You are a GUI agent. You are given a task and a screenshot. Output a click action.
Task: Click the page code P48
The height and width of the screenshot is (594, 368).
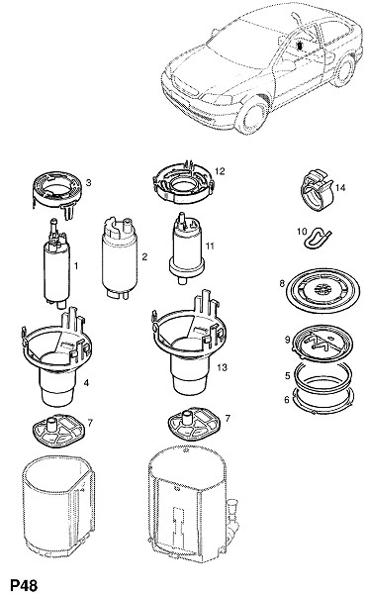24,585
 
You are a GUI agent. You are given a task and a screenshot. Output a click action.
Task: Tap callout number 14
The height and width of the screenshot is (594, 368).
340,187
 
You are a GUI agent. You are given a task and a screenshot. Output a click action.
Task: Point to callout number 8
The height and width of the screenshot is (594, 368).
282,283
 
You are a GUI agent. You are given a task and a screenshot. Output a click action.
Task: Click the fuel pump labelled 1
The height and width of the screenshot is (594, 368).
57,261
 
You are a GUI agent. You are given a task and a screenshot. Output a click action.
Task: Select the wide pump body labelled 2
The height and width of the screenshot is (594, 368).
120,257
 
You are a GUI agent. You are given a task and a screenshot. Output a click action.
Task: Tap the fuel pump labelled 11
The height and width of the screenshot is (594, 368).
186,248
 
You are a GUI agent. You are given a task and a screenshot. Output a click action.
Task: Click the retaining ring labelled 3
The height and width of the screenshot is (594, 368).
57,194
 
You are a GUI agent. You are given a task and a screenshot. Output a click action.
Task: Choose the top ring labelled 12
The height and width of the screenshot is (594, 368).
183,183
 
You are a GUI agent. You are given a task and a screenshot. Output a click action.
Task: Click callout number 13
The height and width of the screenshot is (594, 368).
222,367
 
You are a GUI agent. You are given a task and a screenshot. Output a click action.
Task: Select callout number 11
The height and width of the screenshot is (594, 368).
210,246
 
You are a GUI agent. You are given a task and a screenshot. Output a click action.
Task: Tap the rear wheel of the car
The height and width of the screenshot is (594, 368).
344,71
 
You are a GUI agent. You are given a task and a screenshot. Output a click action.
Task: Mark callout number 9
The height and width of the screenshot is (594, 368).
287,340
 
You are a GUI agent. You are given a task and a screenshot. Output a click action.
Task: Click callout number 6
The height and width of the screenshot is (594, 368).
287,399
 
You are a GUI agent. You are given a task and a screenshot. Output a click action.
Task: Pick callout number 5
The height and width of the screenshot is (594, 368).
287,375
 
